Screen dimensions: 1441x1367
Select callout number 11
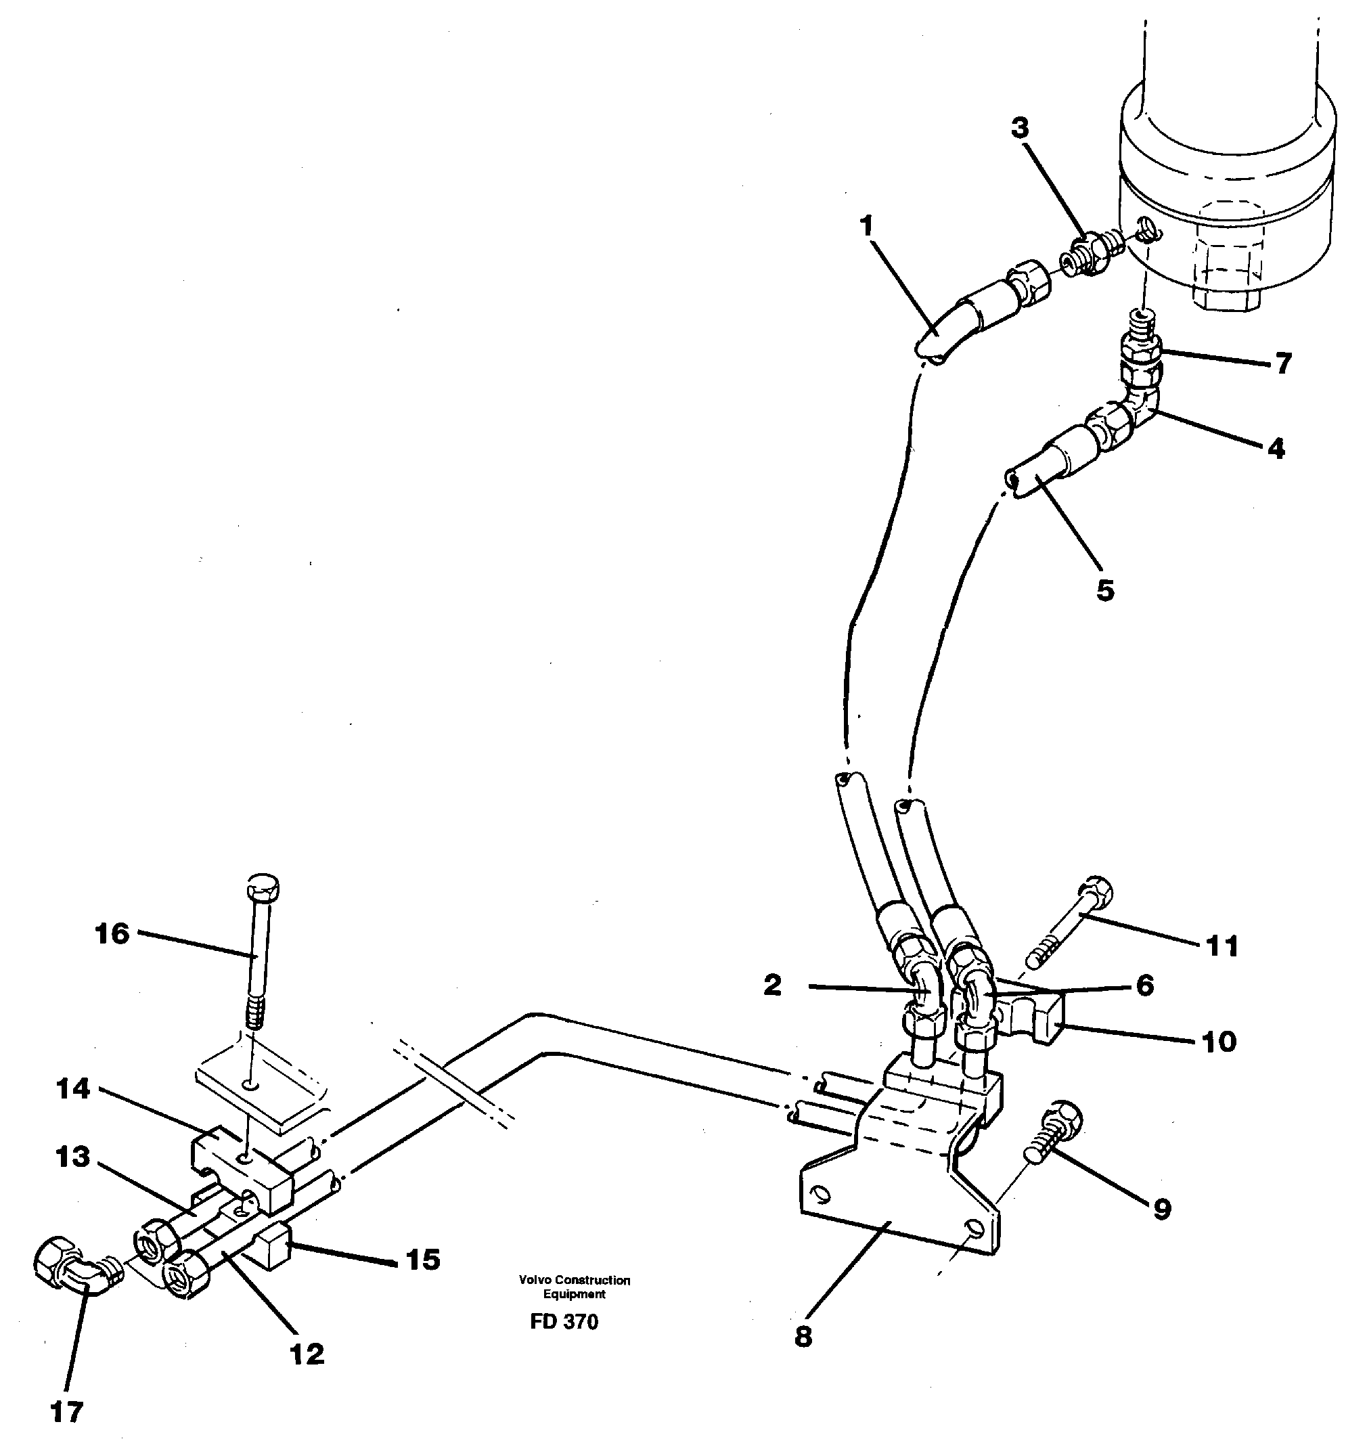tap(1222, 947)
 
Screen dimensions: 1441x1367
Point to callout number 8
tap(803, 1337)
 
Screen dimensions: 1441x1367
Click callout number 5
tap(1104, 590)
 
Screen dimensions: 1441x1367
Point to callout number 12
tap(307, 1354)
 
